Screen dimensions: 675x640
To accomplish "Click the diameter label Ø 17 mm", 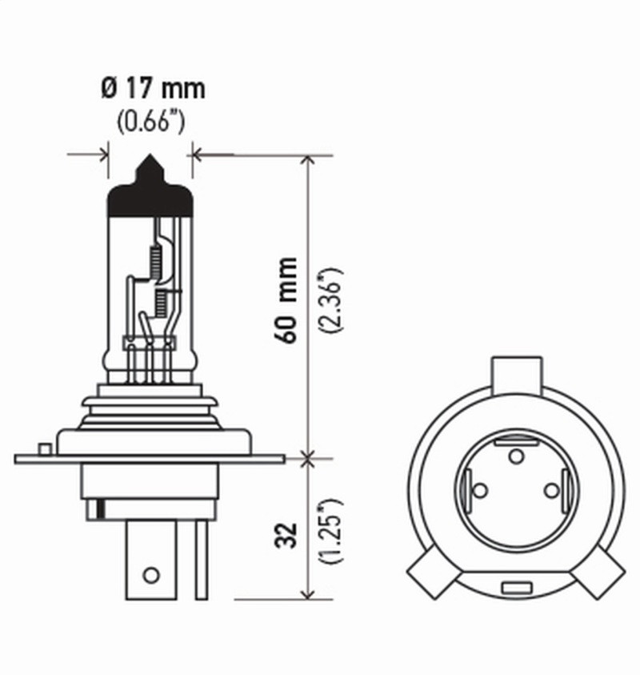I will pos(153,88).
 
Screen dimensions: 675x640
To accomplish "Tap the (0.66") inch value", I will pos(152,122).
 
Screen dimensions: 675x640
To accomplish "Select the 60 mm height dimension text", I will pos(288,299).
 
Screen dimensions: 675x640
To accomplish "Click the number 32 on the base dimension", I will pos(289,536).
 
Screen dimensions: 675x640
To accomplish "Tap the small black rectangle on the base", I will pos(99,508).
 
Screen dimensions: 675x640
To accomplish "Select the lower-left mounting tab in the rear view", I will pos(431,573).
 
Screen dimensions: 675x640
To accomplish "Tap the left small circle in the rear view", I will pos(480,489).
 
